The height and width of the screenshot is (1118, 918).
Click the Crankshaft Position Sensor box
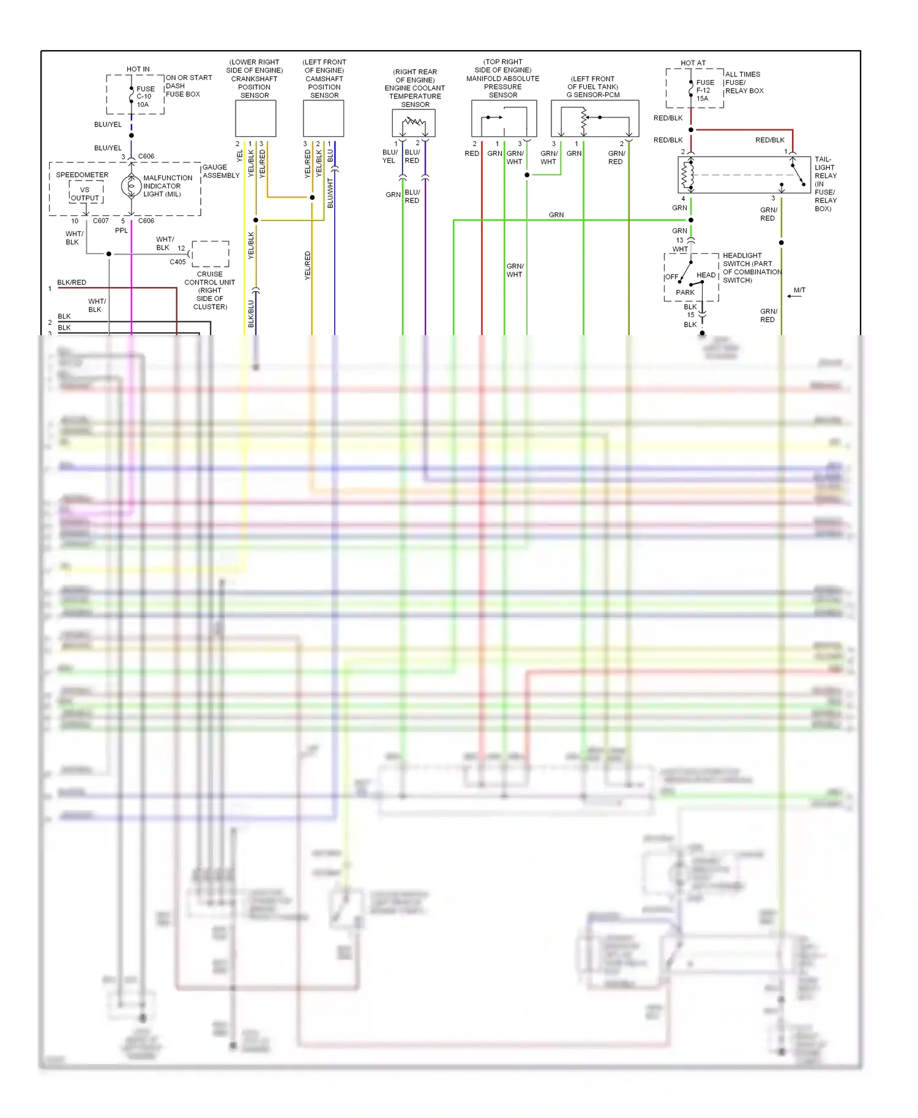coord(256,119)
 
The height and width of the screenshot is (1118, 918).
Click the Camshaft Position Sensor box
coord(323,119)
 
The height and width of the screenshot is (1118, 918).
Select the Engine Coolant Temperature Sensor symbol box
coord(414,124)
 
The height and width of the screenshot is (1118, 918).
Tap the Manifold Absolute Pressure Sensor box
coord(504,119)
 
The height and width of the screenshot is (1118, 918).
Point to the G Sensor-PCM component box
coord(595,119)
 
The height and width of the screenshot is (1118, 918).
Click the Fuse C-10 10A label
coord(145,97)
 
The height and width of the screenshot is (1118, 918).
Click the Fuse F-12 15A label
coord(704,91)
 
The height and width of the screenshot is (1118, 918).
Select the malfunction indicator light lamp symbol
coord(132,186)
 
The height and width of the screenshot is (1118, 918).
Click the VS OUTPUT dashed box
coord(86,193)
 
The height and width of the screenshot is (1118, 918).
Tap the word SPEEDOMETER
coord(82,175)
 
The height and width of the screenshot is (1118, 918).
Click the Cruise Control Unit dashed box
coord(211,254)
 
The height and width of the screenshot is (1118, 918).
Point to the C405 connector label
coord(177,262)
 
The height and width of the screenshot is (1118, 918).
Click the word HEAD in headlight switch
coord(706,275)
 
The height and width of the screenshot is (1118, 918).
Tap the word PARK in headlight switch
coord(685,292)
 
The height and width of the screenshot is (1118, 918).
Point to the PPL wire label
coord(121,231)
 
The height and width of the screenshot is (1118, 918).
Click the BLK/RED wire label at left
coord(72,283)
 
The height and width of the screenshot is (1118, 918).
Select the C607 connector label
coord(101,221)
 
